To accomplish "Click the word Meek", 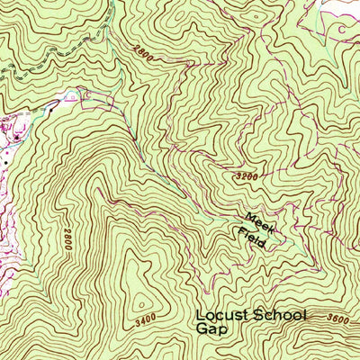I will pyautogui.click(x=258, y=221).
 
